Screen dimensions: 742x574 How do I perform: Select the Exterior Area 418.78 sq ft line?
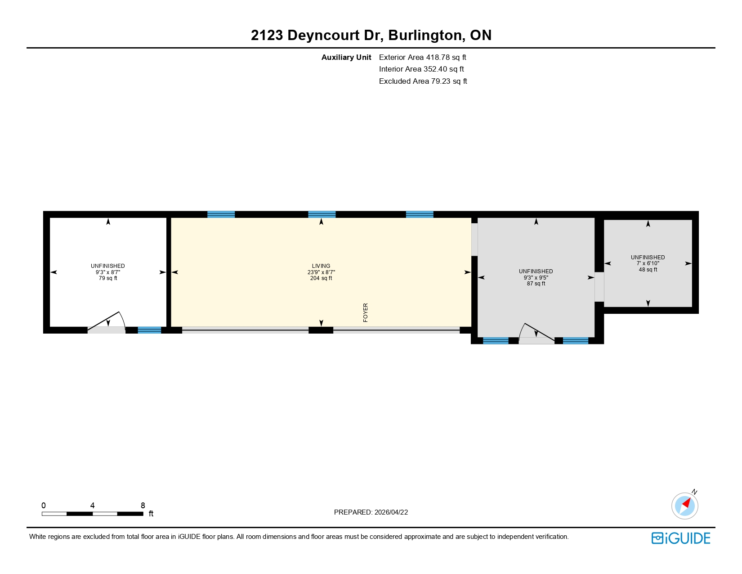tap(422, 58)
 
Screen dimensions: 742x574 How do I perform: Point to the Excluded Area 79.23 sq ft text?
tap(423, 81)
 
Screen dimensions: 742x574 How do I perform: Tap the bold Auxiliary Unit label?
tap(346, 58)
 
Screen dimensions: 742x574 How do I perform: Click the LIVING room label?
tap(321, 266)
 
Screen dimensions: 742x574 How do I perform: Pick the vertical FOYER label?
tap(365, 312)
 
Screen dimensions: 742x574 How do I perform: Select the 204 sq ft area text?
tap(321, 278)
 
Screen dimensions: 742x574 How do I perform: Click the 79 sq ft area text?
tap(108, 278)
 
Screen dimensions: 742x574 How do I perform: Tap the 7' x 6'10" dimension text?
tap(648, 263)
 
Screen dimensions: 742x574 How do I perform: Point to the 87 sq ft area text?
tap(536, 284)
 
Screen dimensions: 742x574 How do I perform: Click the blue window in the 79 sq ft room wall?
tap(149, 330)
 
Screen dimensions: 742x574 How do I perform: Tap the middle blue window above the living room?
tap(322, 214)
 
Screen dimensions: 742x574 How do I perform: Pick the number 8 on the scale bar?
tap(143, 505)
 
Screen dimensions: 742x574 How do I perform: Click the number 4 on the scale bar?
tap(92, 505)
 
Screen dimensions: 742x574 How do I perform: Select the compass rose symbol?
tap(684, 506)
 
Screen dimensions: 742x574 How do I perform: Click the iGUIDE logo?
tap(680, 538)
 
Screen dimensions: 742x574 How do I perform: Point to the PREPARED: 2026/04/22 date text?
tap(371, 512)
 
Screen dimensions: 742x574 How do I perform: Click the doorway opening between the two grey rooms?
tap(599, 287)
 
